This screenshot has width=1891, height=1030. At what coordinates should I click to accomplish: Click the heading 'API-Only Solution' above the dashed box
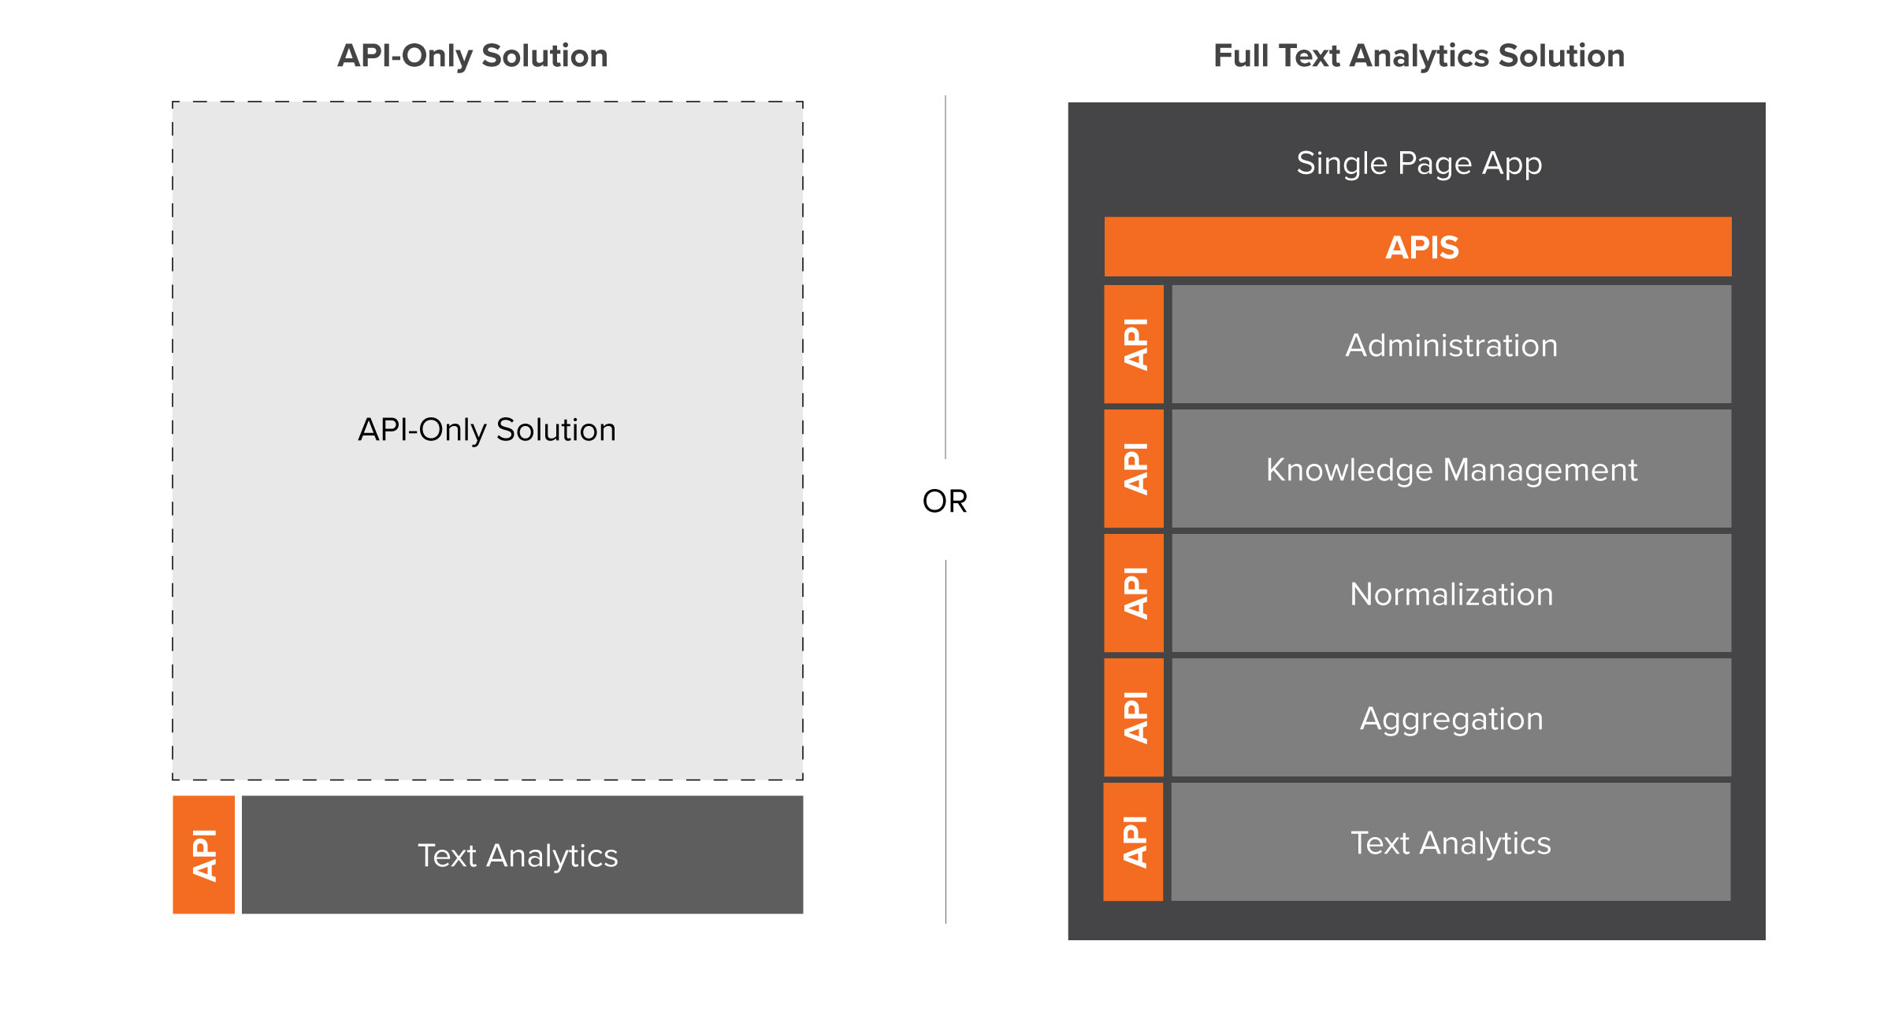pyautogui.click(x=473, y=56)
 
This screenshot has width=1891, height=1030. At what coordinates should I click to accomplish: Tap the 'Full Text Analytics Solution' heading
pyautogui.click(x=1419, y=56)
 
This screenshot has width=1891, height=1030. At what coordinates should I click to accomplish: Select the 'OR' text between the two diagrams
pyautogui.click(x=945, y=501)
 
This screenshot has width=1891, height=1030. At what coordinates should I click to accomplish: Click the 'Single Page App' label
pyautogui.click(x=1419, y=164)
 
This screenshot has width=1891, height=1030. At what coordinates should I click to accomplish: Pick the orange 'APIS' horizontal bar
pyautogui.click(x=1417, y=246)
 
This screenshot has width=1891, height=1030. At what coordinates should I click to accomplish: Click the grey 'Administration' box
pyautogui.click(x=1451, y=344)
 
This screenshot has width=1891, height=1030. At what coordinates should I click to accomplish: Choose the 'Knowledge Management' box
pyautogui.click(x=1451, y=469)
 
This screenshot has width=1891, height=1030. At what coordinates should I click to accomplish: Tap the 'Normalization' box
pyautogui.click(x=1451, y=593)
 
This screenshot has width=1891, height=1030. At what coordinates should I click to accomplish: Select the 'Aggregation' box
pyautogui.click(x=1451, y=717)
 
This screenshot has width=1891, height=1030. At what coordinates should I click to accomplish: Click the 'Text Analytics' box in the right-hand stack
pyautogui.click(x=1451, y=842)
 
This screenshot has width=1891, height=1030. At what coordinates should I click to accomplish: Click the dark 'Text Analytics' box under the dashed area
pyautogui.click(x=522, y=854)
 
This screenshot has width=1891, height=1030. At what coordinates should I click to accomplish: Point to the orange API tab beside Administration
pyautogui.click(x=1134, y=344)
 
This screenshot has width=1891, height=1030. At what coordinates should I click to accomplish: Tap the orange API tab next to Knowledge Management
pyautogui.click(x=1134, y=469)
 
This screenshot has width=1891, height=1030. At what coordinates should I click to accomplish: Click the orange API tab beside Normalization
pyautogui.click(x=1134, y=593)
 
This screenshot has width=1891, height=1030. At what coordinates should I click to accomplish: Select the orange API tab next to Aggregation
pyautogui.click(x=1134, y=717)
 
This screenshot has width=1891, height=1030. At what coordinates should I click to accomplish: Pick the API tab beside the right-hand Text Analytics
pyautogui.click(x=1134, y=842)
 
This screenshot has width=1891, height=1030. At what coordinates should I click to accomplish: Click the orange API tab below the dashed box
pyautogui.click(x=204, y=854)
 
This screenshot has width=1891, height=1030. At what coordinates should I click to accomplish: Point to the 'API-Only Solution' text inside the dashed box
pyautogui.click(x=487, y=430)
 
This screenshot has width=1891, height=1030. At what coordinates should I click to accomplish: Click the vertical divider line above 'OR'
pyautogui.click(x=945, y=277)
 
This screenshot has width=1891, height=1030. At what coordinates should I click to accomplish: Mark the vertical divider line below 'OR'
pyautogui.click(x=945, y=742)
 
